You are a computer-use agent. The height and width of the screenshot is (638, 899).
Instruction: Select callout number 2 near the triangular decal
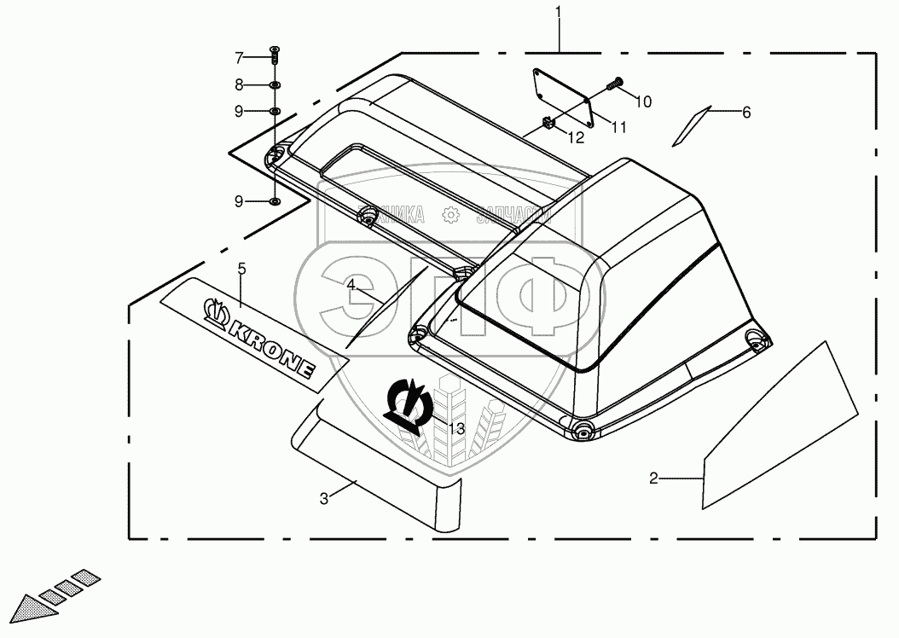[x=654, y=478]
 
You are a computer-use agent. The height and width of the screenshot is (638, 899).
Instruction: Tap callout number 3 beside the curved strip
[x=324, y=499]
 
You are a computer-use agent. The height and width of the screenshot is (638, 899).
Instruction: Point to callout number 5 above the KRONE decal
[x=241, y=269]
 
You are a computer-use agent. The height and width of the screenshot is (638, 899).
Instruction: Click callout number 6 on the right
[x=746, y=112]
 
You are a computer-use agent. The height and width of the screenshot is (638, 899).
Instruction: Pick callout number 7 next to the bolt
[x=240, y=57]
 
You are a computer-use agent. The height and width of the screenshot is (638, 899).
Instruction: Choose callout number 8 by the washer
[x=240, y=84]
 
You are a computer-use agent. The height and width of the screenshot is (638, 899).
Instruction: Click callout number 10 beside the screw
[x=643, y=101]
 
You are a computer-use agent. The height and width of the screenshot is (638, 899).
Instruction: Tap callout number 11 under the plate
[x=618, y=127]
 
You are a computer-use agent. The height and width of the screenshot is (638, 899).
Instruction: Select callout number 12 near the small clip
[x=577, y=136]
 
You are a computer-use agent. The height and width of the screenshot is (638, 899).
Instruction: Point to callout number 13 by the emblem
[x=457, y=428]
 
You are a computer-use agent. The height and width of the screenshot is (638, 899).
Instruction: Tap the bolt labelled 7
[x=274, y=57]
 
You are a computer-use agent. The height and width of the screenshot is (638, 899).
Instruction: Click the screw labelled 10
[x=612, y=85]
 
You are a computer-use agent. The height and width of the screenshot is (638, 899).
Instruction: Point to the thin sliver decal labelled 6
[x=690, y=126]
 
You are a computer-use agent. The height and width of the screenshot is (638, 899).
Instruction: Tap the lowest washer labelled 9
[x=274, y=201]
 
